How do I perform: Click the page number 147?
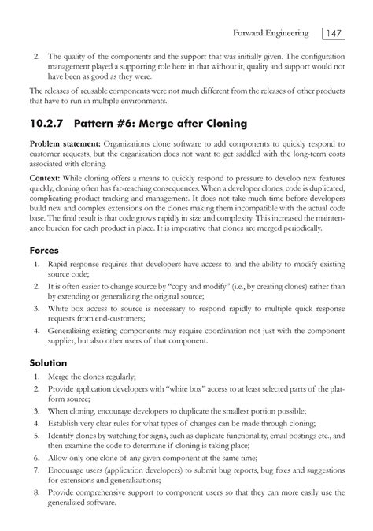pos(336,33)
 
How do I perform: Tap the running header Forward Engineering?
pos(276,33)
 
